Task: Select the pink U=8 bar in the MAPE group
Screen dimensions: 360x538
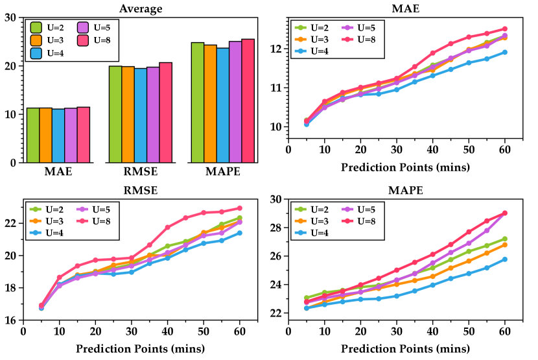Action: point(248,101)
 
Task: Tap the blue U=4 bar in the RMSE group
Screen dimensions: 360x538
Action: point(139,115)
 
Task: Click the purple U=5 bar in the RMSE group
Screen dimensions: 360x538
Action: point(152,114)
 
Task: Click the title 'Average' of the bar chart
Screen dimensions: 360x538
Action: point(141,8)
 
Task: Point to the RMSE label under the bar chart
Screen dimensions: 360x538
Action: point(139,173)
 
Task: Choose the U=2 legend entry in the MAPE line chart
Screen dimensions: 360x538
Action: point(312,209)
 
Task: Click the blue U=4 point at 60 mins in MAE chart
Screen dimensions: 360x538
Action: point(504,53)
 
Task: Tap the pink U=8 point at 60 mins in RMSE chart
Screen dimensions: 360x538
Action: point(239,208)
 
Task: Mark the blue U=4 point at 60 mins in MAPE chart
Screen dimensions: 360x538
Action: point(504,259)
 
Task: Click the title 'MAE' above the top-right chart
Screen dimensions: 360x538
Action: point(406,8)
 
